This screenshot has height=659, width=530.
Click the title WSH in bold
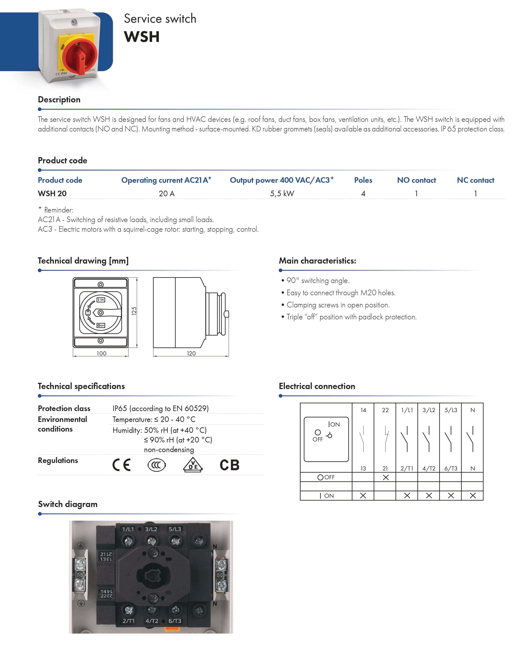tap(142, 37)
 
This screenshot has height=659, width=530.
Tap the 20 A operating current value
tap(166, 193)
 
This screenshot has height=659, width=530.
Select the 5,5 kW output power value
tap(282, 193)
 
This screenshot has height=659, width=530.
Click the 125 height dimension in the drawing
tap(134, 311)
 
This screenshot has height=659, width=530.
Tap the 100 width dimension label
tap(101, 353)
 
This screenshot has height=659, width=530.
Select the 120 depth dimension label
tap(191, 353)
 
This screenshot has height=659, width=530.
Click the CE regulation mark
tap(122, 465)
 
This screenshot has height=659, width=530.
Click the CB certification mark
tap(229, 465)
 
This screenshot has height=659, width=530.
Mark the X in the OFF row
tap(386, 477)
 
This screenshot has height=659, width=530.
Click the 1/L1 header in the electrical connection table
tap(407, 410)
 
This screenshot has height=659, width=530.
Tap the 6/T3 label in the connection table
tap(451, 468)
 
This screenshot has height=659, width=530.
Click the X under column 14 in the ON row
tap(363, 495)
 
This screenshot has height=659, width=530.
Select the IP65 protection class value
tap(160, 408)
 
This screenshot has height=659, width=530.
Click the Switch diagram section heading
tap(68, 504)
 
